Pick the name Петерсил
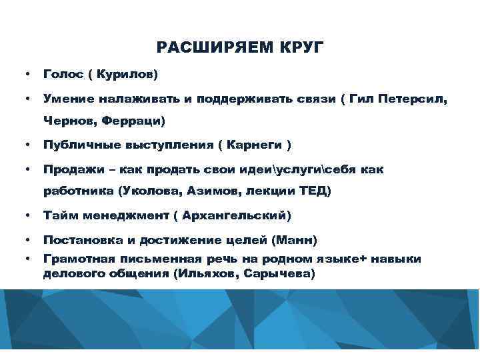pyautogui.click(x=413, y=99)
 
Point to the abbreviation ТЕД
pyautogui.click(x=311, y=191)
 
